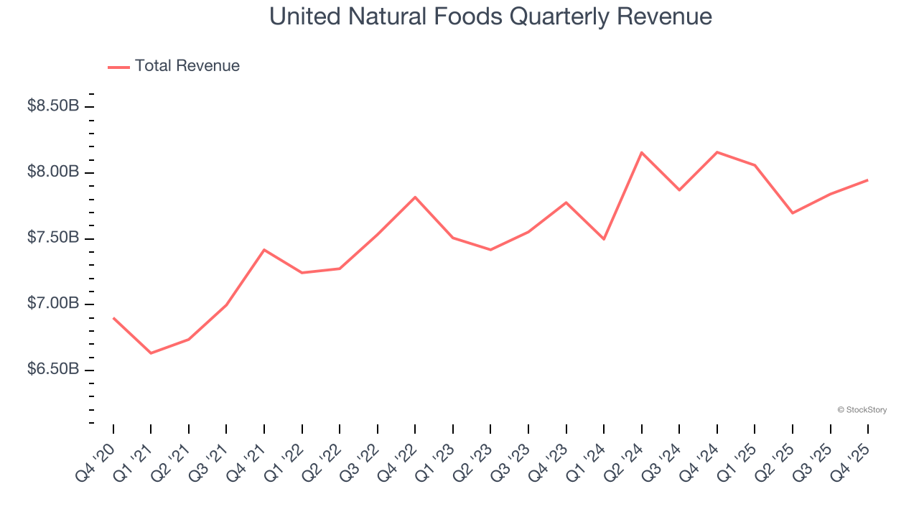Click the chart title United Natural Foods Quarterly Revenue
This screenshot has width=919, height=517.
tap(490, 17)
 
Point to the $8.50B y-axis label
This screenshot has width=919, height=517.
tap(53, 106)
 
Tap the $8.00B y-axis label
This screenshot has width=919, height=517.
tap(53, 172)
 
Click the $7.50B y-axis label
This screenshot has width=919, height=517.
tap(53, 238)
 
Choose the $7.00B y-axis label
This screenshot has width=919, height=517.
tap(53, 304)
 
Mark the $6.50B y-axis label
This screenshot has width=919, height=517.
tap(53, 370)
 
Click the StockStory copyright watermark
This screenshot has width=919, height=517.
tap(862, 410)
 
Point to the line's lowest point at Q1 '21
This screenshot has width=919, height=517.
tap(151, 353)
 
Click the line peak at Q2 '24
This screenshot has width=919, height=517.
tap(641, 152)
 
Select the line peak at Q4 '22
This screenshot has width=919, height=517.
tap(415, 197)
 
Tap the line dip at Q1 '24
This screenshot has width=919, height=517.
tap(604, 239)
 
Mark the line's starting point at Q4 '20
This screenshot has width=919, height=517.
tap(113, 317)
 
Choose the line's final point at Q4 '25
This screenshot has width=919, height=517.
tap(867, 180)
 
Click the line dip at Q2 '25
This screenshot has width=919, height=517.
tap(792, 213)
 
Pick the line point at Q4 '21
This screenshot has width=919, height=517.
tap(264, 250)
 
